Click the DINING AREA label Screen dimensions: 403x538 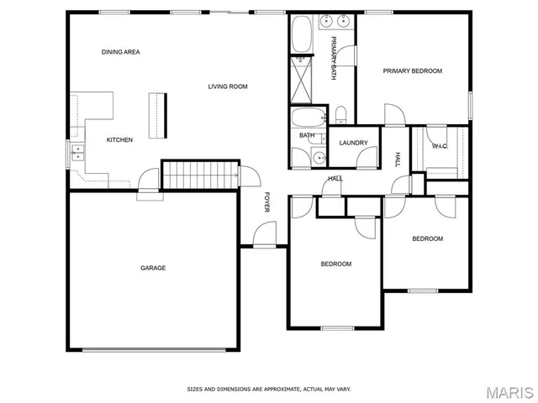[120, 52]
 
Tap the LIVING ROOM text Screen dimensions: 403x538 [228, 86]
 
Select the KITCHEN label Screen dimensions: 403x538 [119, 139]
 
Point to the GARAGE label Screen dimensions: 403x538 [152, 268]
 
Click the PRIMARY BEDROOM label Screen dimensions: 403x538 [412, 71]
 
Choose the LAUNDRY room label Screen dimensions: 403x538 [353, 143]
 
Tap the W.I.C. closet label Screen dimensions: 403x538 [440, 146]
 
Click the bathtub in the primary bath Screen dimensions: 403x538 [302, 34]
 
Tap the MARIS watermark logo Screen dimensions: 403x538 [509, 392]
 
